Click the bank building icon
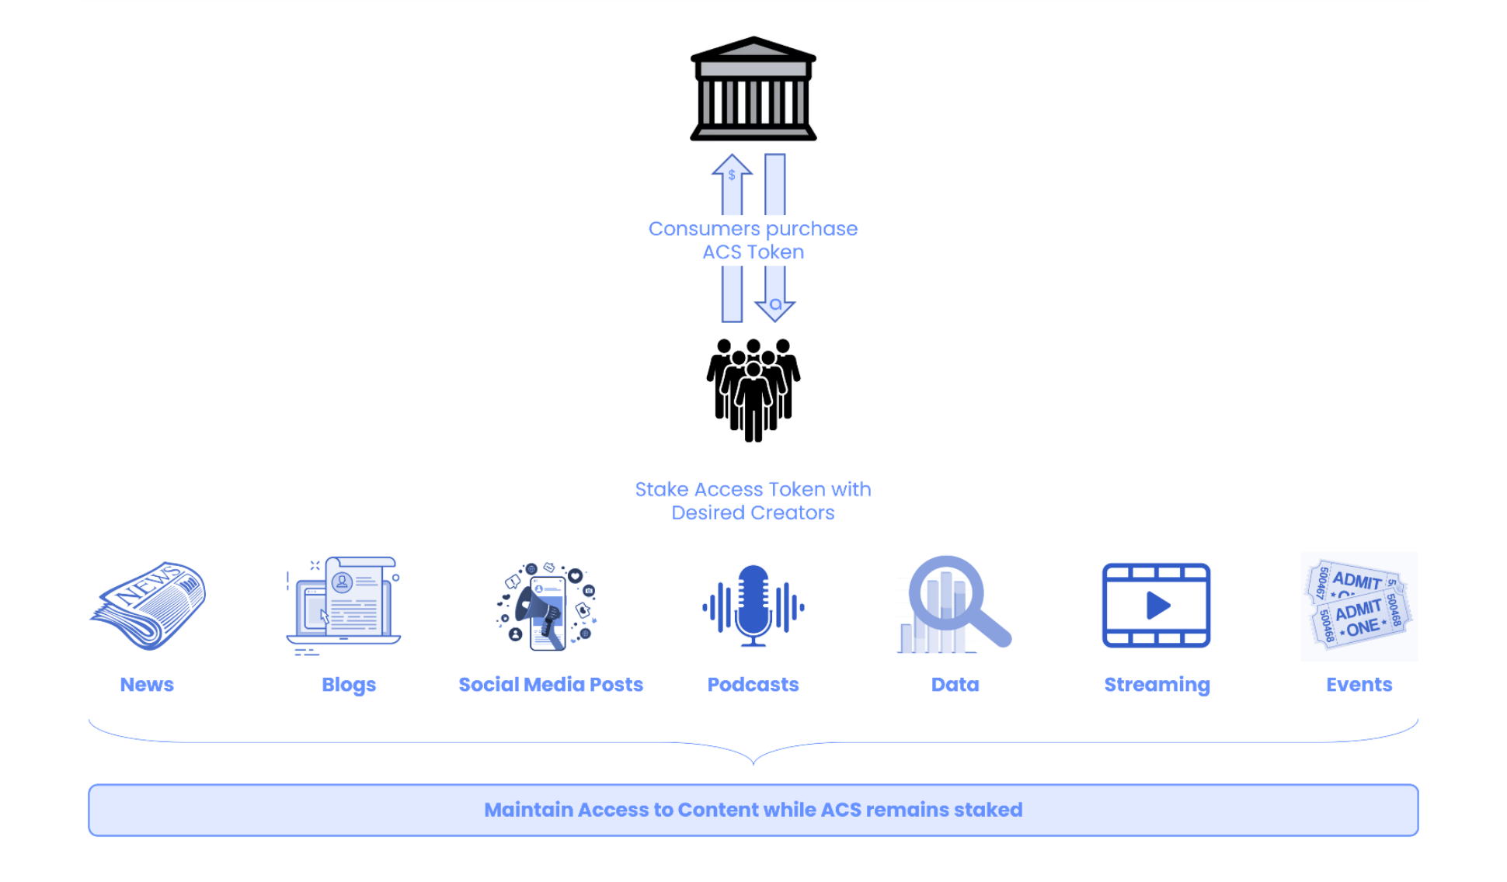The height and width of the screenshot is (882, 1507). [753, 89]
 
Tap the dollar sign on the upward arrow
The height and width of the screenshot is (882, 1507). [732, 175]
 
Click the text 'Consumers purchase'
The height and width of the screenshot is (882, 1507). [753, 229]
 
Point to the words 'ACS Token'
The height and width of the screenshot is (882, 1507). [753, 252]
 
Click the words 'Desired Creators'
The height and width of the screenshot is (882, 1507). [753, 513]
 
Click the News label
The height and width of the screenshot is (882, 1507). [147, 685]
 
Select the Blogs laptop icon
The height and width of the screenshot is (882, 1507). [343, 606]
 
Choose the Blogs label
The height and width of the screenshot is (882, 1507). [349, 685]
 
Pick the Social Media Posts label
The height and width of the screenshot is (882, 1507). [551, 685]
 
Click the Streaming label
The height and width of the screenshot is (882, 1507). [1157, 685]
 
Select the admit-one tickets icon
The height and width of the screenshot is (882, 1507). [1359, 606]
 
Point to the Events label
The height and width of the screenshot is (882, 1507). [1359, 685]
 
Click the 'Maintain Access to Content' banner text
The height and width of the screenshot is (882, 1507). [753, 810]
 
